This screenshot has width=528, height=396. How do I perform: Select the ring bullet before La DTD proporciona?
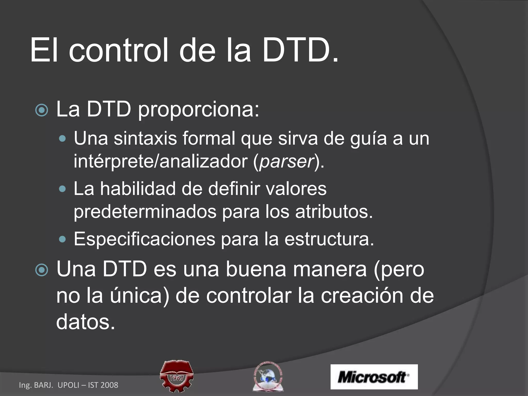[42, 110]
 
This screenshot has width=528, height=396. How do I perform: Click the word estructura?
[329, 239]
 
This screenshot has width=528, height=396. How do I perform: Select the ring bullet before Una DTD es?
[42, 270]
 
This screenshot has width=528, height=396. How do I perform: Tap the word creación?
[362, 296]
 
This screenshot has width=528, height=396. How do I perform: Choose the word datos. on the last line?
[85, 322]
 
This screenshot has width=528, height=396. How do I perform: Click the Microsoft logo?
[374, 377]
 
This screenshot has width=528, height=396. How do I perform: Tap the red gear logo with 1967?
[176, 376]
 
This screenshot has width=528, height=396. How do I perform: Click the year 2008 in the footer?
[109, 385]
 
